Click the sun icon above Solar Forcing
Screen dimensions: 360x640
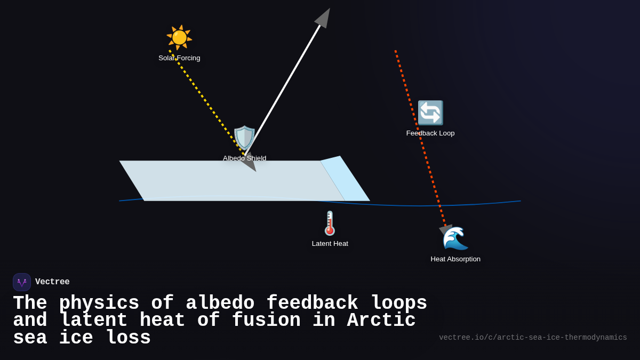(179, 37)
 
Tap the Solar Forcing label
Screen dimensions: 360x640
(179, 58)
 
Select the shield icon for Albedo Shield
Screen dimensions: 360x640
(244, 138)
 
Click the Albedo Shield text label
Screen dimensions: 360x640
(244, 158)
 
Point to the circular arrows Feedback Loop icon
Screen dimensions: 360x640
(430, 113)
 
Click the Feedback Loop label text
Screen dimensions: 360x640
(430, 133)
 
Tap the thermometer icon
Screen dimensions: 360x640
(330, 223)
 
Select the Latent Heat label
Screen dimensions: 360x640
(330, 244)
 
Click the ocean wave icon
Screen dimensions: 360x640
(455, 238)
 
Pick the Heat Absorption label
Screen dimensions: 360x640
(455, 259)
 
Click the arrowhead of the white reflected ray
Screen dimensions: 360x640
(323, 18)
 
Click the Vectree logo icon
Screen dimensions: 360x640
(22, 282)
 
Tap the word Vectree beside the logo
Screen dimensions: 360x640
(52, 282)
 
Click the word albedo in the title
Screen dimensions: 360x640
(220, 303)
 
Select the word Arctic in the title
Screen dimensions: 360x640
(381, 321)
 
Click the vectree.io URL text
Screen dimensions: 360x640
(533, 338)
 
